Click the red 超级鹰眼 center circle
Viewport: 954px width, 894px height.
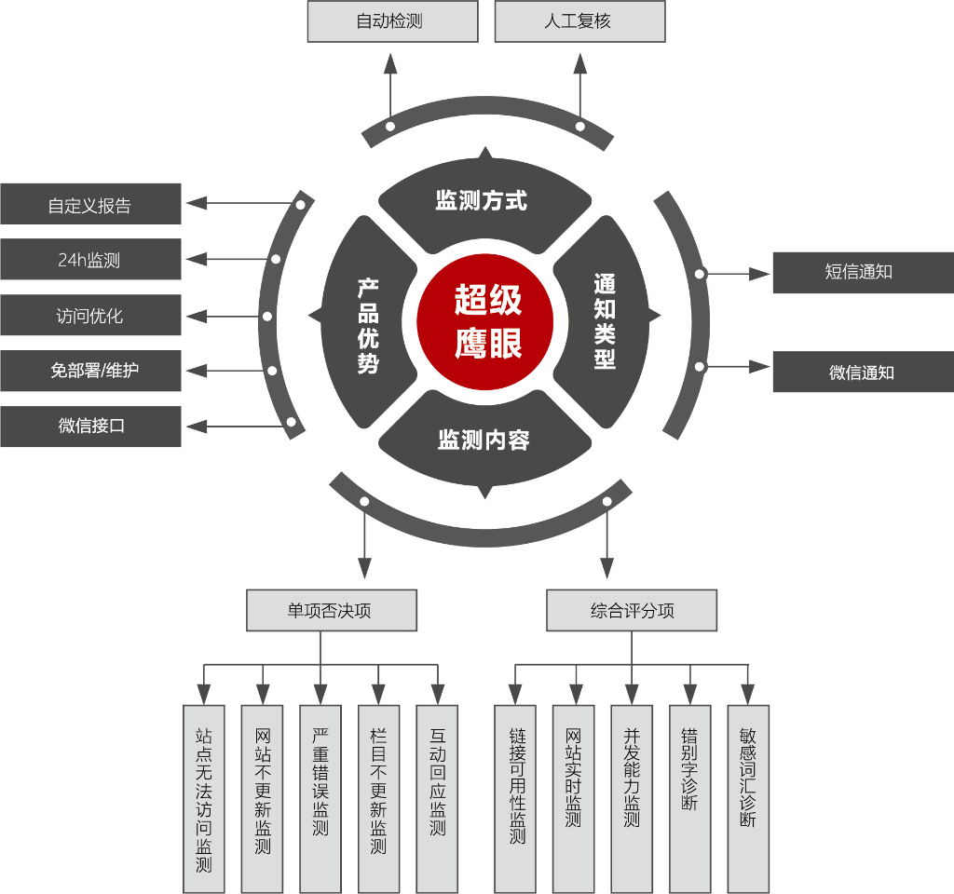484,321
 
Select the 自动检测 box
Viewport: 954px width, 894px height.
392,21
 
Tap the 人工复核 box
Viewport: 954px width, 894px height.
579,21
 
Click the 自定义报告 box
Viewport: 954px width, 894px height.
90,204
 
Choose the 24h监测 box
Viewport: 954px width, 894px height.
90,259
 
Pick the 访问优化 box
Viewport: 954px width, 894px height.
90,315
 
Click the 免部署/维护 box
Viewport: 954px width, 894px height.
90,371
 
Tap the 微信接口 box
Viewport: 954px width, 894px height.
90,427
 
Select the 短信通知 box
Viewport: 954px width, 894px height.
864,273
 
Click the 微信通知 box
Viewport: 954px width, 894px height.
864,372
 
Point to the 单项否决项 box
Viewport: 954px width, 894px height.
332,610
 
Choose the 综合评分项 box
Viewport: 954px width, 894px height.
632,610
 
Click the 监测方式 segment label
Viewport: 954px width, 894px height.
482,201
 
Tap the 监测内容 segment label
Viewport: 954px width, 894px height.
484,440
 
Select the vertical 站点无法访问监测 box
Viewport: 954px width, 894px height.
204,799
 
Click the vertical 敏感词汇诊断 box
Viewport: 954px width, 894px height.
748,799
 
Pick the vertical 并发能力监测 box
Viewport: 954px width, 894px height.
632,799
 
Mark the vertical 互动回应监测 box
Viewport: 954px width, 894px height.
437,799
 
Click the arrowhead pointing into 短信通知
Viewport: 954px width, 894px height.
759,275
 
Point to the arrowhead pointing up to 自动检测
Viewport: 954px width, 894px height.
390,64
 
